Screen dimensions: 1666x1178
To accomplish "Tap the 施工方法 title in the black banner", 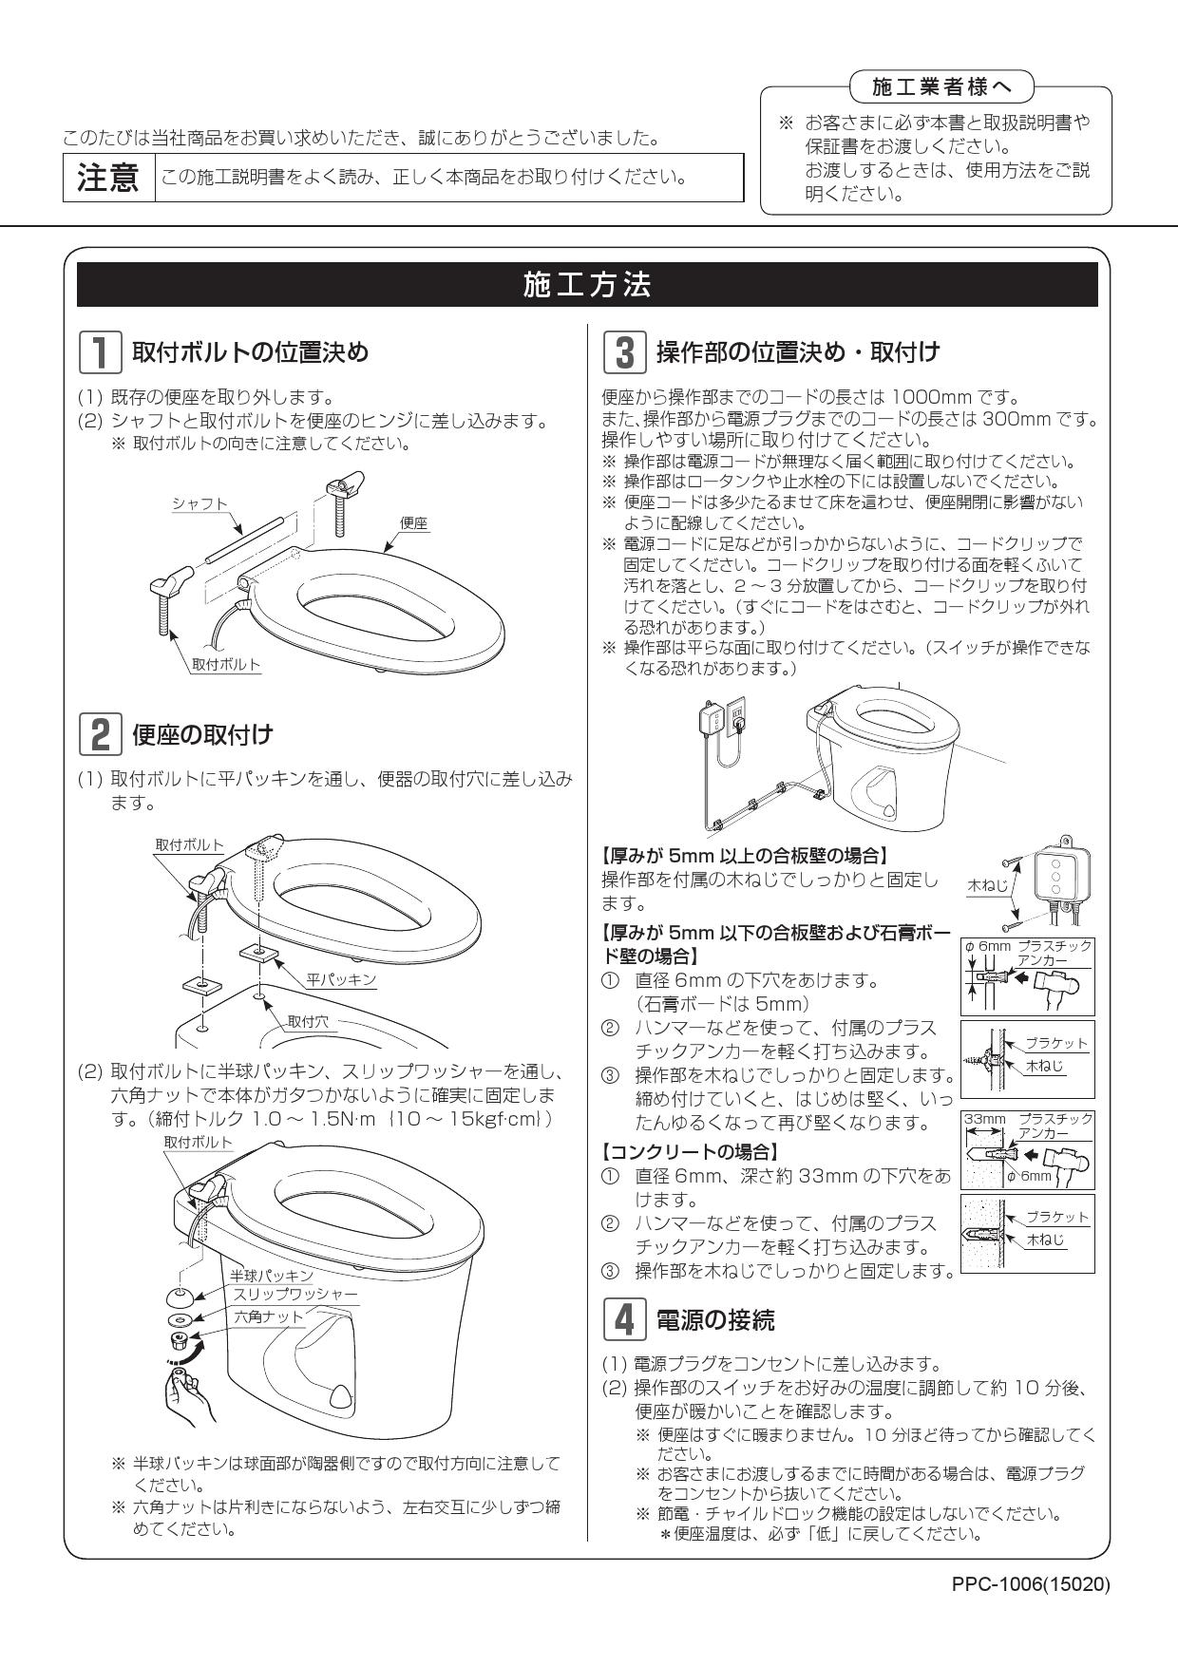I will [587, 284].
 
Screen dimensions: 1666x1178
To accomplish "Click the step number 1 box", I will [99, 352].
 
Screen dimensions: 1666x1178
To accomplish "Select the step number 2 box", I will [99, 734].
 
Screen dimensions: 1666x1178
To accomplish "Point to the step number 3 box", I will [625, 352].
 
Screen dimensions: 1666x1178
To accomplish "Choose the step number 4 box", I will [625, 1319].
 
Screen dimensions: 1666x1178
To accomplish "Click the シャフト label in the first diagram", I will [199, 503].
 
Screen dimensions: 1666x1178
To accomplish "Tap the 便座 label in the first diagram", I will [413, 522].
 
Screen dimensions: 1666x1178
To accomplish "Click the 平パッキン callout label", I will [341, 979].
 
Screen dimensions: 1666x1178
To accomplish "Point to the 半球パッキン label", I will [272, 1275].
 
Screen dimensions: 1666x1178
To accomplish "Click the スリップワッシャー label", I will [295, 1295].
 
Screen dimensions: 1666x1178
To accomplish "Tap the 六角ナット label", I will [269, 1316].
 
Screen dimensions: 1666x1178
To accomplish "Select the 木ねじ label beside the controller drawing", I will [986, 884].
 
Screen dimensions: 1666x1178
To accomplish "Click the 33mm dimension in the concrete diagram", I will [985, 1120].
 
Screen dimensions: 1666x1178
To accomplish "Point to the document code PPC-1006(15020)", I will [1030, 1584].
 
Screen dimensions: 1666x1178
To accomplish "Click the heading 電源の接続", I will [715, 1319].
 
